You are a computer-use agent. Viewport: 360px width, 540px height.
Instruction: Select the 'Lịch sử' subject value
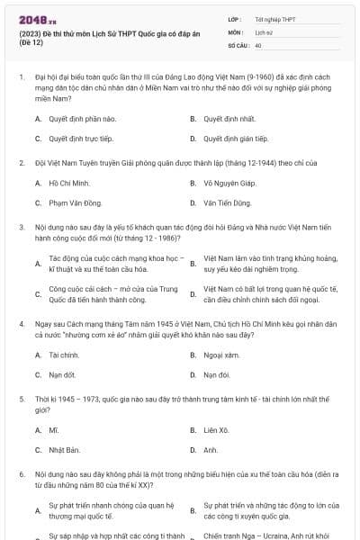point(264,31)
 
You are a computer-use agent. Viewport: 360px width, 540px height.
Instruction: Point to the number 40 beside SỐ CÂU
point(258,44)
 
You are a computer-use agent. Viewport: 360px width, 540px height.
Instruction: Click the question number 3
point(21,227)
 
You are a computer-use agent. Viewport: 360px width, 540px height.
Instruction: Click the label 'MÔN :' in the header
point(235,31)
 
